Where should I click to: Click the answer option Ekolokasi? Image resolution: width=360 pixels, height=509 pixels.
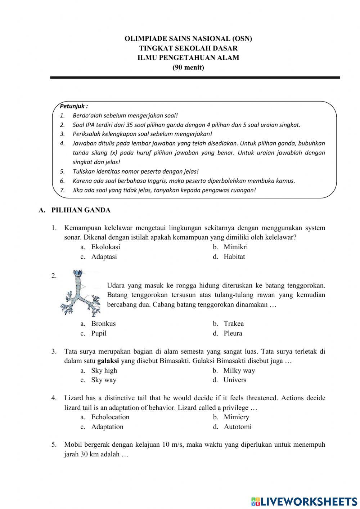pos(105,247)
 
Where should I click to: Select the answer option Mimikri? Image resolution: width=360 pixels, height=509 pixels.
pos(235,247)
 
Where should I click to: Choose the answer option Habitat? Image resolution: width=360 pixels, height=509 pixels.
pos(234,257)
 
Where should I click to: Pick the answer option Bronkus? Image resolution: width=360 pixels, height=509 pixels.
pos(103,324)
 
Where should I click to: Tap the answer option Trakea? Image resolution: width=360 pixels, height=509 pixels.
pos(233,324)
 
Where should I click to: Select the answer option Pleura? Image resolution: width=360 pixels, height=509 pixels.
pos(233,334)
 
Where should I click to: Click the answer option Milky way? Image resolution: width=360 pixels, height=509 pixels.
pos(239,371)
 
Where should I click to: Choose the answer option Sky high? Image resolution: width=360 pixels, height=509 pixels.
pos(104,371)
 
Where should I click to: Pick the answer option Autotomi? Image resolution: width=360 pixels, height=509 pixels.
pos(238,427)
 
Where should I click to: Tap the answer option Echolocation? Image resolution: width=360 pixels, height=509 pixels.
pos(110,417)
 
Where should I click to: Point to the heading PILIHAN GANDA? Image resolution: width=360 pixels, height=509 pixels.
pos(81,210)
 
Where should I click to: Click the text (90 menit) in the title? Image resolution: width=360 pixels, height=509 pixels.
pos(188,67)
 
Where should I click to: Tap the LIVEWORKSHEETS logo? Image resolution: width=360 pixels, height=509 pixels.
pos(304,501)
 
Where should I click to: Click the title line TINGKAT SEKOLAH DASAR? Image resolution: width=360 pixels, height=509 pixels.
pos(188,48)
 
